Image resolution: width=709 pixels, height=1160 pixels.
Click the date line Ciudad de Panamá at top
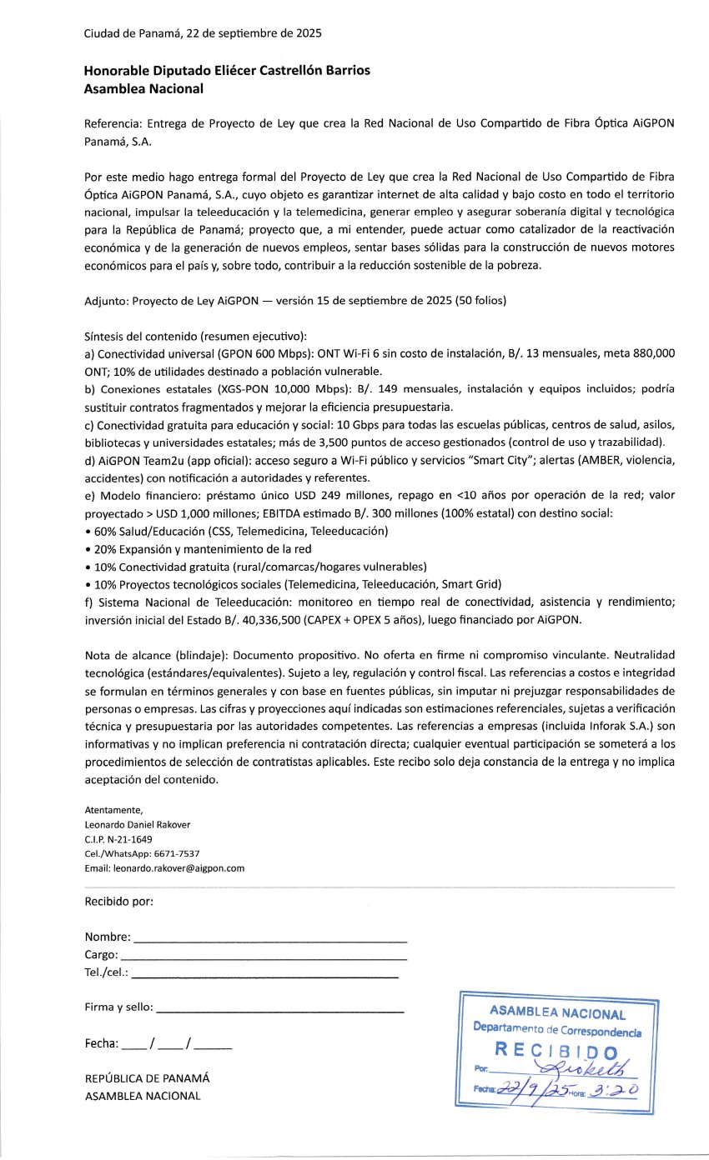[x=203, y=34]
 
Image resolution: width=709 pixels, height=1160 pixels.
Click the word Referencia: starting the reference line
[x=113, y=123]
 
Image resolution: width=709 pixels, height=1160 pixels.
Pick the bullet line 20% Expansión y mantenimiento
[x=199, y=548]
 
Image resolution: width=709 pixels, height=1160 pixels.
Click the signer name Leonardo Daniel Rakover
[x=138, y=825]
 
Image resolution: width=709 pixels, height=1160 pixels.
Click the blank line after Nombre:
[x=270, y=939]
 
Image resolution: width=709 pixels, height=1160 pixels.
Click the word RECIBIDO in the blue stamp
[x=556, y=1050]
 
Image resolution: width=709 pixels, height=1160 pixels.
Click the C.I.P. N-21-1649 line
[x=118, y=839]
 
